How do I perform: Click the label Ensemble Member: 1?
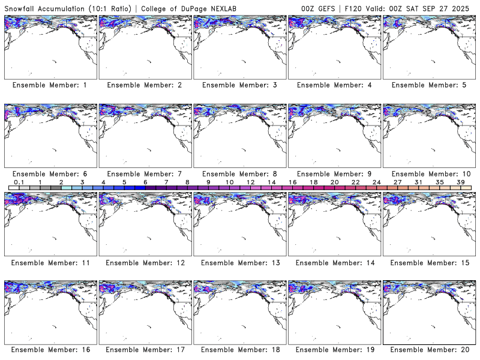[49, 85]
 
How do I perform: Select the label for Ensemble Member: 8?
[238, 173]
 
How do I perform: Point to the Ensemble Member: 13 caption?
[238, 262]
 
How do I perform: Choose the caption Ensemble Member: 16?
[49, 350]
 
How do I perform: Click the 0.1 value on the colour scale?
[19, 182]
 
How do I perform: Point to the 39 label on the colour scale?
[460, 182]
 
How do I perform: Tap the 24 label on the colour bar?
[376, 182]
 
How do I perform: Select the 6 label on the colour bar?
[145, 182]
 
